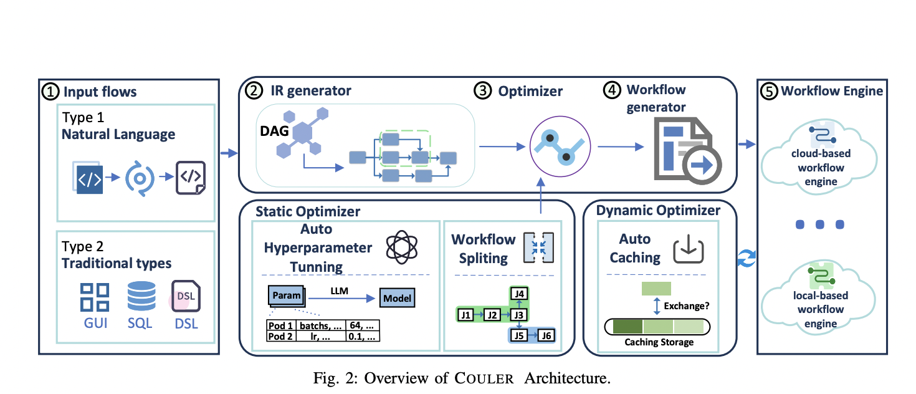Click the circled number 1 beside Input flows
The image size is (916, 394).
click(50, 92)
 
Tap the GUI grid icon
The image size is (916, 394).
click(95, 297)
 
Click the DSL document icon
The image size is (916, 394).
click(185, 296)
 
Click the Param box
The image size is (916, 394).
click(287, 296)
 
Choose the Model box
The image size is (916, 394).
click(397, 298)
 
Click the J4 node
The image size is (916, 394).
click(518, 292)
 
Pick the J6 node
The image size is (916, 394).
click(546, 335)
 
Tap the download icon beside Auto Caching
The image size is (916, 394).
click(689, 248)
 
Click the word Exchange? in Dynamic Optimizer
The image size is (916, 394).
click(687, 306)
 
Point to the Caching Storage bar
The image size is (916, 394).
click(658, 327)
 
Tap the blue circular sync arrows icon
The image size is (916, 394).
click(745, 257)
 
